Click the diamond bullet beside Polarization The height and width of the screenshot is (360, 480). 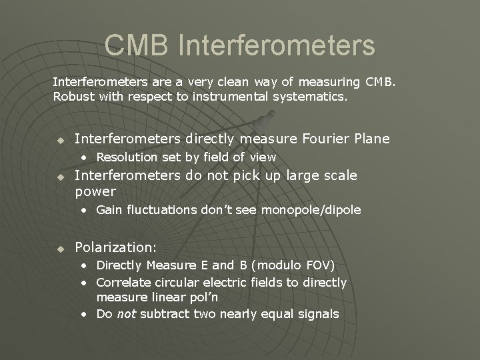[x=59, y=248]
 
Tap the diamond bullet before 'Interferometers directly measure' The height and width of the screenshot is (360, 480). [x=59, y=139]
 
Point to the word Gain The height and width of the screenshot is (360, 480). [x=111, y=210]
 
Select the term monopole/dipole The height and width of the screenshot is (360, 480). [x=311, y=210]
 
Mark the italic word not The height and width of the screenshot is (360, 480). [x=127, y=314]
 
